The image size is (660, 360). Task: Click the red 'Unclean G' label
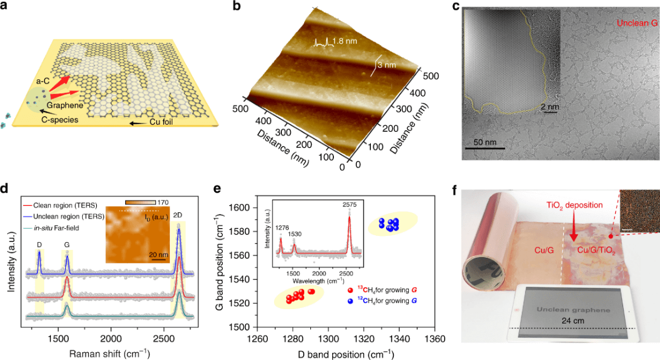click(x=636, y=24)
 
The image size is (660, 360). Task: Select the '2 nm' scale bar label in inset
click(x=549, y=106)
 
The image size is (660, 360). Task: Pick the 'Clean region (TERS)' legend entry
click(x=68, y=204)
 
